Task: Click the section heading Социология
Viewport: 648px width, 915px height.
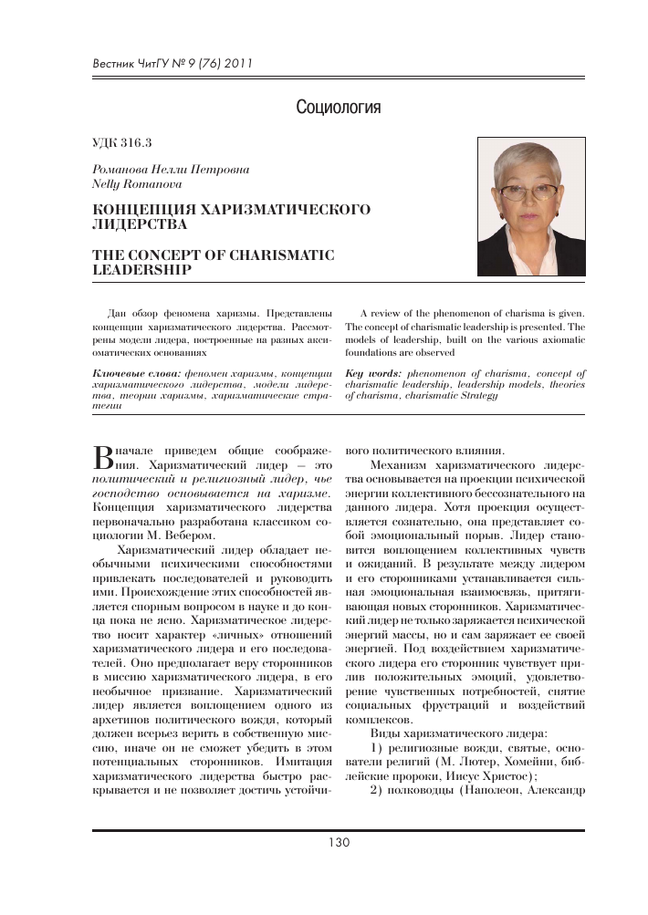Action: coord(338,109)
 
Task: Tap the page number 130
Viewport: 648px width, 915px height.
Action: coord(339,842)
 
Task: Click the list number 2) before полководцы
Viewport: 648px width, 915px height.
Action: coord(378,790)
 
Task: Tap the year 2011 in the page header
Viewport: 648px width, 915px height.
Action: coord(235,64)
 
